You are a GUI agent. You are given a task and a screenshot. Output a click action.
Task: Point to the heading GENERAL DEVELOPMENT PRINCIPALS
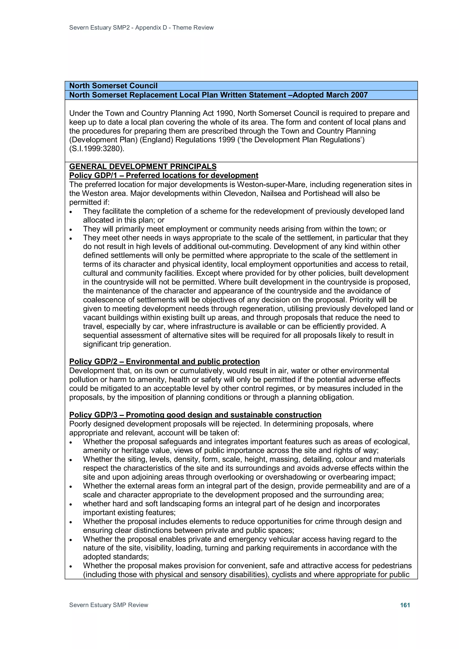pos(143,166)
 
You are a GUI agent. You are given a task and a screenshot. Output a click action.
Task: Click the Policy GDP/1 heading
pos(163,176)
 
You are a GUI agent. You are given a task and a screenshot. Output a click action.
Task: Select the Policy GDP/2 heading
pos(164,362)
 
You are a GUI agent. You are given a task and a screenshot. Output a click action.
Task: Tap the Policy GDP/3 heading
pos(195,415)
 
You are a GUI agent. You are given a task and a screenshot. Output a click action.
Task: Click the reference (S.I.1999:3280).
pos(97,149)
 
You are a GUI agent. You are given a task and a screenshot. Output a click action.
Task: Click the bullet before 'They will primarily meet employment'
pos(71,229)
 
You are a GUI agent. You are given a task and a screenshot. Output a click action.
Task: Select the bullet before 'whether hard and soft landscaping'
pos(71,504)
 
